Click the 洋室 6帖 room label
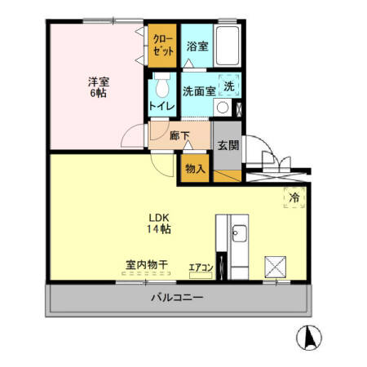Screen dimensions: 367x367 click(x=98, y=86)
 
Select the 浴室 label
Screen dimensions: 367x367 click(x=196, y=46)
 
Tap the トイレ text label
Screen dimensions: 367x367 click(x=161, y=106)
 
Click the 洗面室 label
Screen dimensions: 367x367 click(x=198, y=91)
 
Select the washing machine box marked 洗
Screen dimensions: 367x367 click(x=229, y=86)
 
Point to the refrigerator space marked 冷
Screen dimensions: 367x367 click(x=294, y=197)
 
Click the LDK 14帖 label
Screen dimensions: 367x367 click(x=159, y=223)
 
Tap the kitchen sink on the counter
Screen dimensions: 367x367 click(x=239, y=235)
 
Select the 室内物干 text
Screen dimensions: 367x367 click(x=146, y=265)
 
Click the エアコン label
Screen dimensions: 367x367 click(x=201, y=266)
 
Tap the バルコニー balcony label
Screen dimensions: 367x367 click(x=177, y=298)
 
